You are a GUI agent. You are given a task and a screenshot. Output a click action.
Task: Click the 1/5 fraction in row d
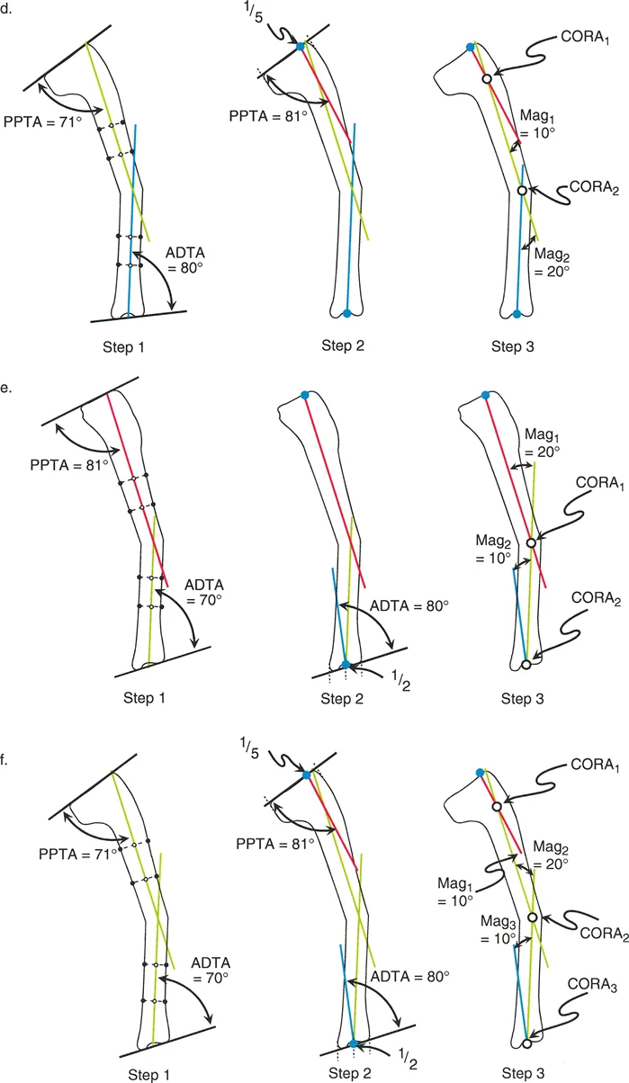271,14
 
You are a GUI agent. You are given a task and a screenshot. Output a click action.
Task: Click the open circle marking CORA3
526,1044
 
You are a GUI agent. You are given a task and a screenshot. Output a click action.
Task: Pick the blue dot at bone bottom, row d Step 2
347,313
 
